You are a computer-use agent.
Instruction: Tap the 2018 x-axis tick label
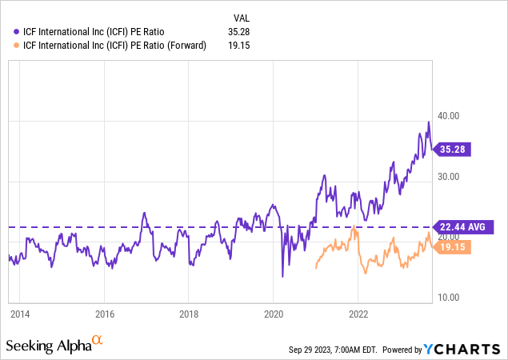click(x=188, y=314)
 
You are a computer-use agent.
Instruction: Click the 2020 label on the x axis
click(x=274, y=314)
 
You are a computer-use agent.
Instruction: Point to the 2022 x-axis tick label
click(x=358, y=314)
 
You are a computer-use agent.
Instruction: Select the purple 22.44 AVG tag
click(x=459, y=227)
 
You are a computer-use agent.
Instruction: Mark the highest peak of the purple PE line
click(x=429, y=122)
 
